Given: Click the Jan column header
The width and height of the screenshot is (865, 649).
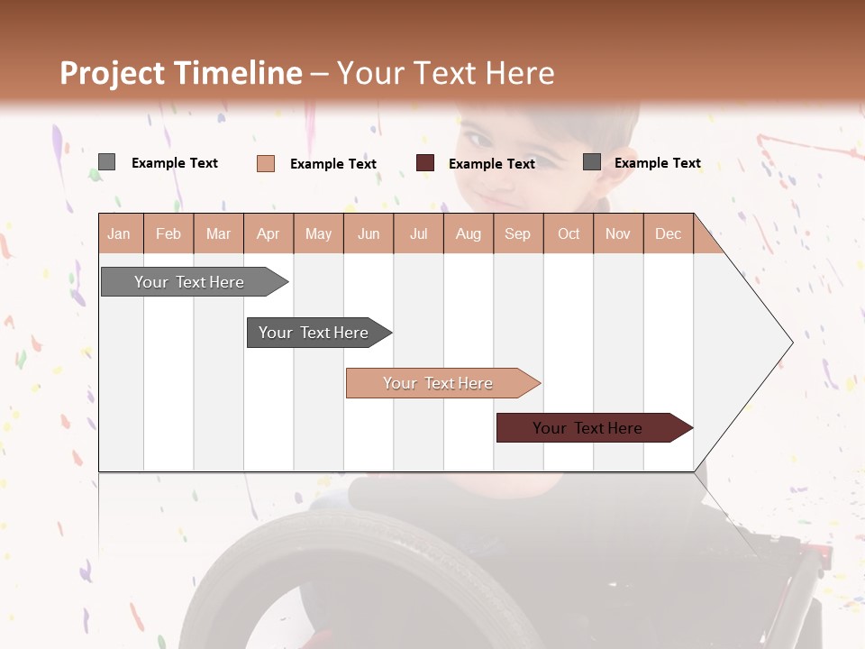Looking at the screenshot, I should coord(119,233).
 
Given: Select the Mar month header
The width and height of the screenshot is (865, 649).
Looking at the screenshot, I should coord(218,233).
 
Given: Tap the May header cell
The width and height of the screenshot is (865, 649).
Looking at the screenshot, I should coord(318,233).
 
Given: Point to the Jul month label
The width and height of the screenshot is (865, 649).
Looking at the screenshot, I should coord(418,233).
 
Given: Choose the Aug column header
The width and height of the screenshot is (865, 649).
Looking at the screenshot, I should coord(468,233).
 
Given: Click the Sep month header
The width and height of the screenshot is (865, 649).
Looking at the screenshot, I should coord(517,233).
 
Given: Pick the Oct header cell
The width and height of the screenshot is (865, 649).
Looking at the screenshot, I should coord(569,233).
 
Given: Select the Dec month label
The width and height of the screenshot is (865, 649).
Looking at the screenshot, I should coord(668,233).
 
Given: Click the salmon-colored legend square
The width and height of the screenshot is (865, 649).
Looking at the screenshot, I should coord(266,163).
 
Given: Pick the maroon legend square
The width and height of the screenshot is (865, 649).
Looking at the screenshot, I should coord(425,163).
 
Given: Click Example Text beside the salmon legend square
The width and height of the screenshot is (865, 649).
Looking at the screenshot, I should coord(332,164).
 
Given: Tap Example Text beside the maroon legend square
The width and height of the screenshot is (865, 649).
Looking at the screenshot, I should coord(491,164).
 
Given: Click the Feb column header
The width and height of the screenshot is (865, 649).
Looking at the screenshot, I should coord(168,233).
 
